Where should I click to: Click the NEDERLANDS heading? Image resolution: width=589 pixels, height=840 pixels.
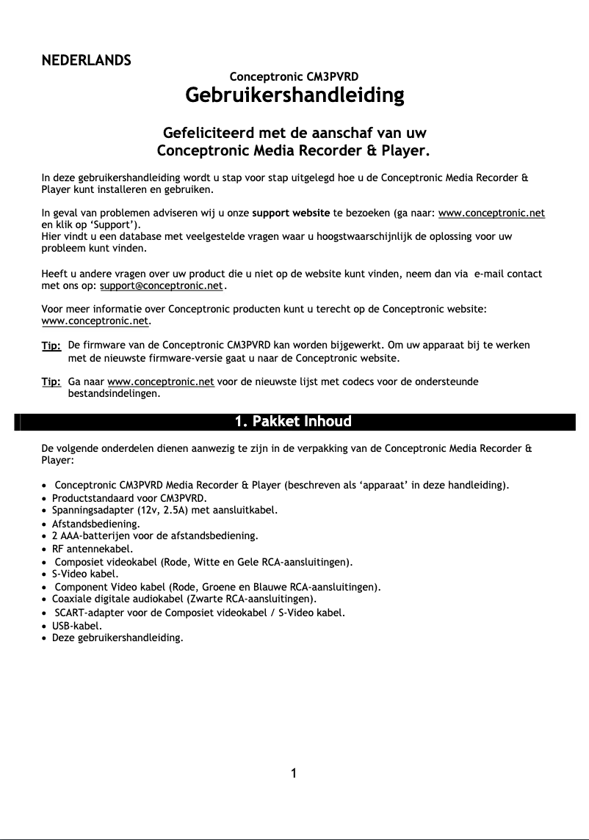[x=86, y=59]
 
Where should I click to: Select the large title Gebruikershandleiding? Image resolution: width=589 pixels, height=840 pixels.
[x=294, y=95]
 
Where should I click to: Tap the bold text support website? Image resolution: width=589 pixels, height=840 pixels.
[x=291, y=213]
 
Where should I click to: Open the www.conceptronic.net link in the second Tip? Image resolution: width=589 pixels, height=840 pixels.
[x=161, y=381]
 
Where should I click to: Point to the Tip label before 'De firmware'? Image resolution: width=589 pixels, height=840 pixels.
[x=51, y=345]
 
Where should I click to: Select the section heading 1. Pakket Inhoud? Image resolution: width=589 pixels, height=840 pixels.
[x=294, y=421]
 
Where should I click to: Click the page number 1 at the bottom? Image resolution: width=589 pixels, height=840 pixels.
[x=294, y=773]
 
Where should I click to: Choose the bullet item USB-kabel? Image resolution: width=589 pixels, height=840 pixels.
[x=76, y=626]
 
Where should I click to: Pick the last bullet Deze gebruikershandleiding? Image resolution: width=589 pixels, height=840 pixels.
[x=117, y=638]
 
